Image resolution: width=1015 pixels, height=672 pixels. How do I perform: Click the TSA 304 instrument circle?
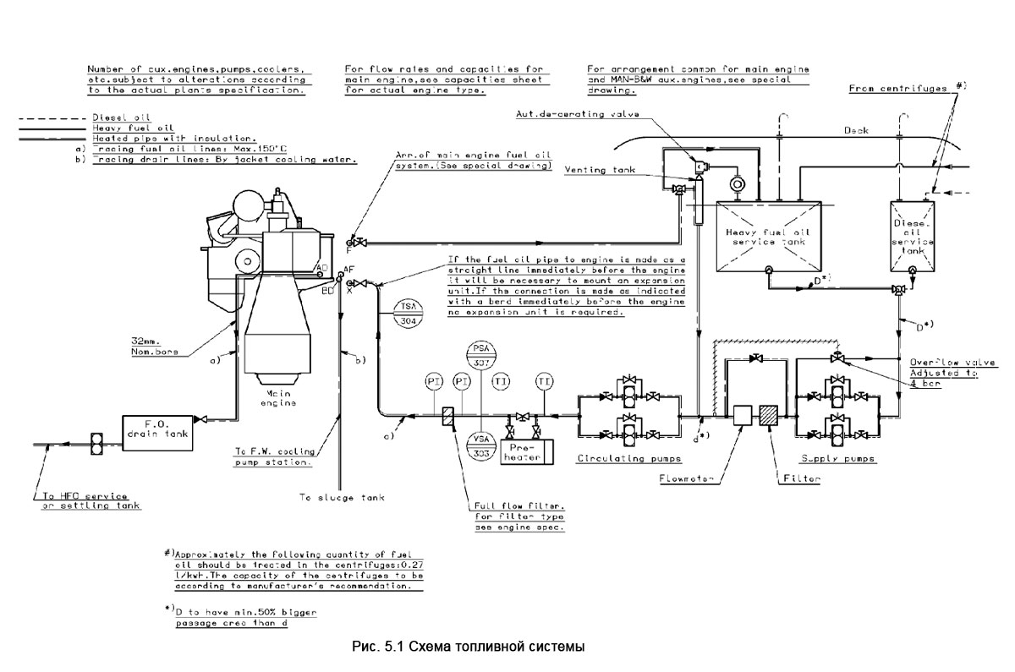pyautogui.click(x=409, y=314)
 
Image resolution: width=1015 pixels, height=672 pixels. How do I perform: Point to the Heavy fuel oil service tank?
pyautogui.click(x=769, y=236)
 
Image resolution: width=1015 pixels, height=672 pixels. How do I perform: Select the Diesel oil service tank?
pyautogui.click(x=913, y=236)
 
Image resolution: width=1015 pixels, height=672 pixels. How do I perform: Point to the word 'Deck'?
pyautogui.click(x=856, y=132)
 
